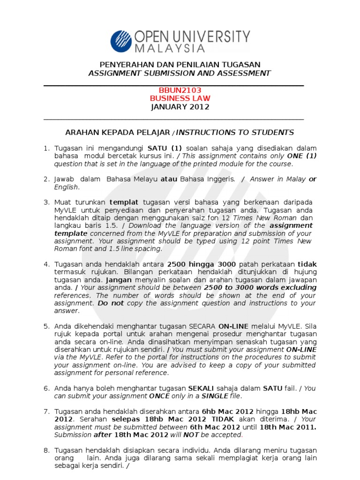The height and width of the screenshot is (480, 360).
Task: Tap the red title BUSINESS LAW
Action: coord(180,98)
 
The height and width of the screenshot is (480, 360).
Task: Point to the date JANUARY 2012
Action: coord(180,107)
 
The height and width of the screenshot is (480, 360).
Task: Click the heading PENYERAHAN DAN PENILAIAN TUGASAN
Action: coord(180,64)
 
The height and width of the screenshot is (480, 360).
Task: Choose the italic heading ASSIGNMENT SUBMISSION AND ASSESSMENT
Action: coord(180,73)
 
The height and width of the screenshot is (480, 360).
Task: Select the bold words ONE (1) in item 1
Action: coord(302,156)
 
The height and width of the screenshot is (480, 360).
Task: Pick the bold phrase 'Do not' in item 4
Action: coord(111,303)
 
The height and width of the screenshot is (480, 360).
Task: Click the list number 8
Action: coord(46,450)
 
